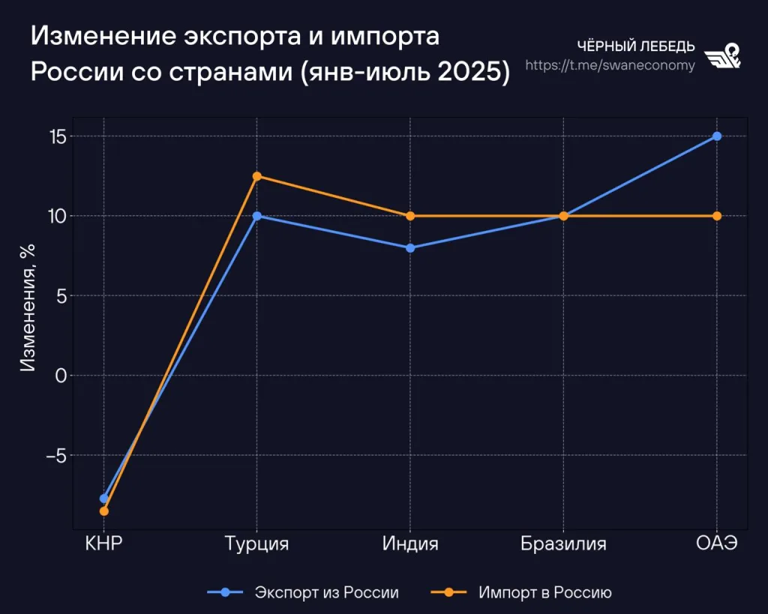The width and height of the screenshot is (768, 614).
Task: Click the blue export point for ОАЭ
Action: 717,136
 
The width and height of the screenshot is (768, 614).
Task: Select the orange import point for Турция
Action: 257,176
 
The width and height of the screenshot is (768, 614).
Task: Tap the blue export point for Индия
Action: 410,247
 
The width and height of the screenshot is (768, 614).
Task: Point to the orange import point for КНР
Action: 104,511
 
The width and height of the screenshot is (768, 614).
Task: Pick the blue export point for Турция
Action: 257,216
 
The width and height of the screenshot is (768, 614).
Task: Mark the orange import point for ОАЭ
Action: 717,216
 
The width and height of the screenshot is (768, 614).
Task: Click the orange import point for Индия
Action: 410,216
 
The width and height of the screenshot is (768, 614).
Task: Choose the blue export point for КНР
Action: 104,499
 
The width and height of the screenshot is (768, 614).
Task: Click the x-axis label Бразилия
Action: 563,544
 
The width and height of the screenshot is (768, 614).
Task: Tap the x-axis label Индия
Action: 410,544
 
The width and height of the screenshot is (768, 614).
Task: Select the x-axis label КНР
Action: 104,544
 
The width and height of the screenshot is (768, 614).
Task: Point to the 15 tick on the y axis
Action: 58,136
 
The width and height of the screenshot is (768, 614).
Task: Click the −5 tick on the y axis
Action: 55,455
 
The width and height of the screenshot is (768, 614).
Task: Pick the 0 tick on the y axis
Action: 61,375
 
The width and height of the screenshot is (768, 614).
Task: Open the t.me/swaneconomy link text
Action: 610,65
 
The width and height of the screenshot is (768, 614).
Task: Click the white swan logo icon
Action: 724,55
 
